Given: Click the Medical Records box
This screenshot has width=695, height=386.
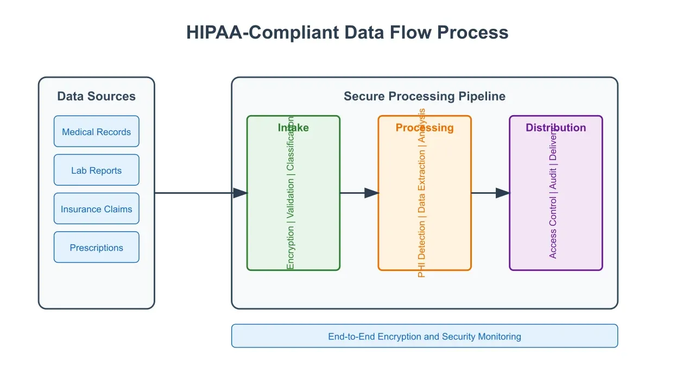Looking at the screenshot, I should click(x=96, y=131).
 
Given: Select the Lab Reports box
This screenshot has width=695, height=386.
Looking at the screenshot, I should click(x=96, y=170).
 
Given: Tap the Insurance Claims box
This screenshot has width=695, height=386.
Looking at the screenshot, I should click(x=96, y=208).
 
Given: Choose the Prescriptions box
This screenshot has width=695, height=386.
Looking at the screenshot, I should click(x=96, y=247).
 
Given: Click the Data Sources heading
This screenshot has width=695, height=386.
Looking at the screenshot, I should click(x=96, y=96).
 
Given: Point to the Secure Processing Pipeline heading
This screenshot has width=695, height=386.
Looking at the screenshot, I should click(x=424, y=96).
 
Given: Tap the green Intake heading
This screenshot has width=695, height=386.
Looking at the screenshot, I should click(x=293, y=128).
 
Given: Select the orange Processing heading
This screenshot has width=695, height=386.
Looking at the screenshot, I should click(x=424, y=128).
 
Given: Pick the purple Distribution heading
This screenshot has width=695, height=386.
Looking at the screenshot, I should click(x=555, y=128).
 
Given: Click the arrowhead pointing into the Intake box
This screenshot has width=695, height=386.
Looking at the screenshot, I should click(x=240, y=193).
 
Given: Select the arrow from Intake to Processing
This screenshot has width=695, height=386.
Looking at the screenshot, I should click(x=359, y=193).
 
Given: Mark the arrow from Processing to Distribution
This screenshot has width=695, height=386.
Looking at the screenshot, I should click(x=490, y=193).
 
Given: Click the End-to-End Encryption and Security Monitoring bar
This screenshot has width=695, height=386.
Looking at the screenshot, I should click(x=424, y=336).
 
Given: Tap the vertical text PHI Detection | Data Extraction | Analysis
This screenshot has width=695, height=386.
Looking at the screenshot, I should click(x=422, y=193).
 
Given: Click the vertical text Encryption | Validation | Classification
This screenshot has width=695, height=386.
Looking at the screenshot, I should click(x=290, y=193).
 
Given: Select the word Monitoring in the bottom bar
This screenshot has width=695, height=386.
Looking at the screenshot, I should click(x=500, y=336).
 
